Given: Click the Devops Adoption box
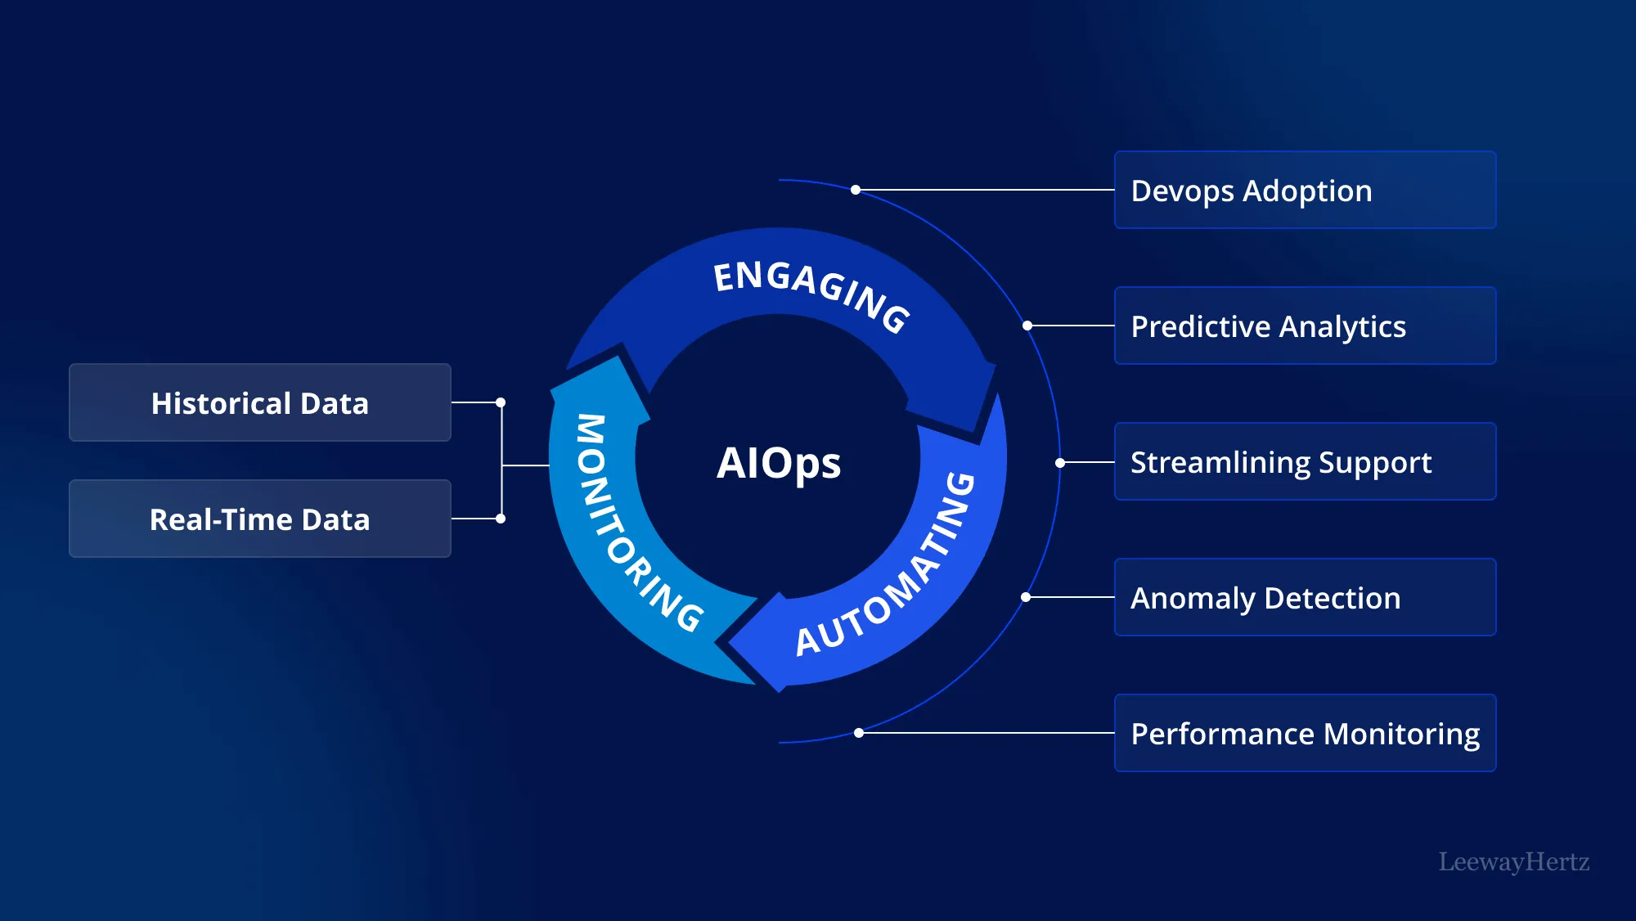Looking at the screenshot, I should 1305,190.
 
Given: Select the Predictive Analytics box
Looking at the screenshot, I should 1305,326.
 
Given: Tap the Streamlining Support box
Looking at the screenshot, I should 1305,461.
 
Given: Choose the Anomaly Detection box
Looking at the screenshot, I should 1305,597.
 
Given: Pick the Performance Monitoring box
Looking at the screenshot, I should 1305,733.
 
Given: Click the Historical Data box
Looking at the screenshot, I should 260,402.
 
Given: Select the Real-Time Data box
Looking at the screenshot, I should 260,519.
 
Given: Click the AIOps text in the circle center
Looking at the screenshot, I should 778,463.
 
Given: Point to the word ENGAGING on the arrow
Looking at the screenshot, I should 811,293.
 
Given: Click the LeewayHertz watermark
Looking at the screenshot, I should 1513,861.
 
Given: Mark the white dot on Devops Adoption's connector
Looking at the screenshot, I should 856,190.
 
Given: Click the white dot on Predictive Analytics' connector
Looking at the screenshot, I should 1027,326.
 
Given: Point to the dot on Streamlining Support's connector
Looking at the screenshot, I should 1060,463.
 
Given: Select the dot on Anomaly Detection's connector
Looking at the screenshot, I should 1026,597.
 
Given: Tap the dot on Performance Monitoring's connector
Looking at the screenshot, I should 859,733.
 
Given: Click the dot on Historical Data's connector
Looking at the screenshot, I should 501,402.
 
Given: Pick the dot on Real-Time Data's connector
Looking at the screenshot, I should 501,519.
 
